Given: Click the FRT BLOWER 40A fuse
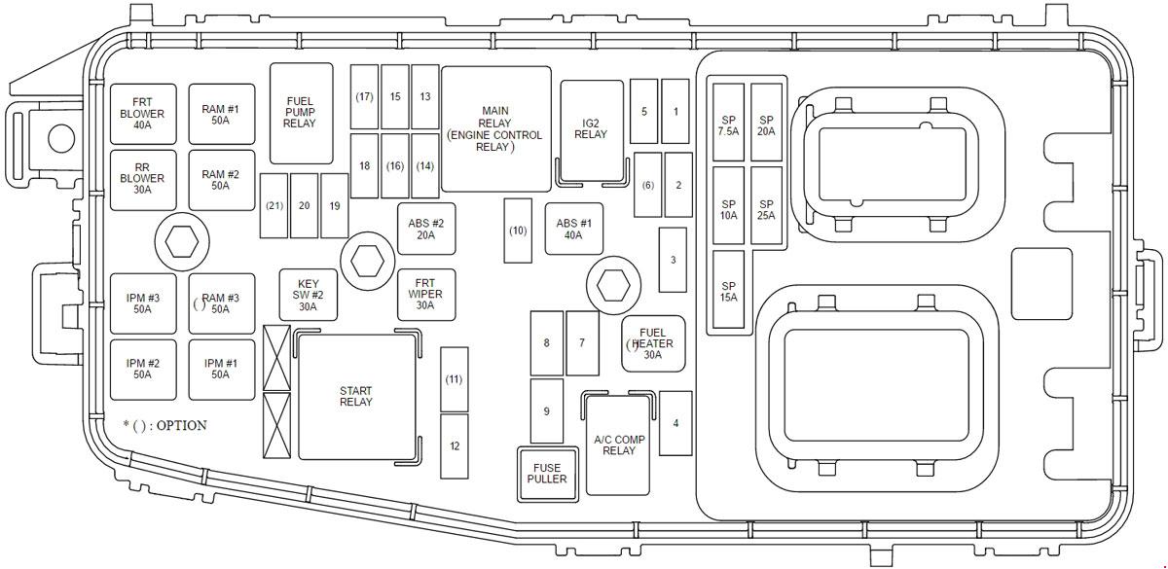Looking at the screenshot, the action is (143, 114).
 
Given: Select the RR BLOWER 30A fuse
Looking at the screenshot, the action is (143, 180).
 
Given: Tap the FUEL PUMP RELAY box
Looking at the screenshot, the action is (302, 113).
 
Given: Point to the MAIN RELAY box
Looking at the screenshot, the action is (495, 128).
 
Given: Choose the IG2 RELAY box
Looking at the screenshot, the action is (592, 130).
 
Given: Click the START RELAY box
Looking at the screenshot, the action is (357, 397).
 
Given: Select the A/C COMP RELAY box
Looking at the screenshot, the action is (618, 445).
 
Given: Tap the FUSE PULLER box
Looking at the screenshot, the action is (547, 474).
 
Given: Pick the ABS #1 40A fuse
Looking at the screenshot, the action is (574, 229).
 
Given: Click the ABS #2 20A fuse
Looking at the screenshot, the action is (426, 229).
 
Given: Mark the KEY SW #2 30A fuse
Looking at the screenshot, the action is (309, 295).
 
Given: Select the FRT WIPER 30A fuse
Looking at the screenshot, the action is (426, 295).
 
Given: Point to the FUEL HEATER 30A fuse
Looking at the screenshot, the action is (653, 343).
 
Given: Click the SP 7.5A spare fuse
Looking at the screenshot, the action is (728, 122).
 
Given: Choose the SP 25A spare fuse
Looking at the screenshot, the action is (767, 205).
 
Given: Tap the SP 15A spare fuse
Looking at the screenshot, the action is (728, 289).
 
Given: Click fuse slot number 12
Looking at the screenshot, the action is (455, 446).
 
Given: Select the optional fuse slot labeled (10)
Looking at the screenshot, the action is (518, 231).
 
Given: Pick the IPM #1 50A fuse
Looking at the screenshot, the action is (222, 370).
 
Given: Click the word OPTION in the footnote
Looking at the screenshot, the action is (181, 425).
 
